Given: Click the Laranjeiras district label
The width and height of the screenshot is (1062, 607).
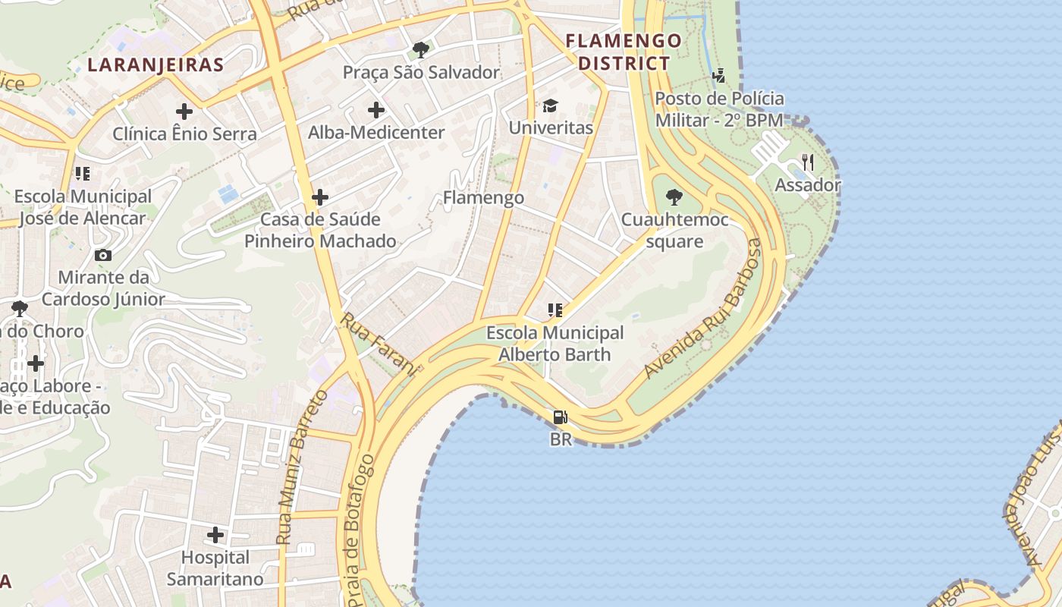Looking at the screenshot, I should tap(156, 64).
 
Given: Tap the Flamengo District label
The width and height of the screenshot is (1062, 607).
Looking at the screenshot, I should tap(624, 52).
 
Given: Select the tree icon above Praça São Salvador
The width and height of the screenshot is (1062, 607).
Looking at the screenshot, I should tap(420, 51).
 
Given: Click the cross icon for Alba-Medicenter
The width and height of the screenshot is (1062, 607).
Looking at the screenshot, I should tap(376, 111).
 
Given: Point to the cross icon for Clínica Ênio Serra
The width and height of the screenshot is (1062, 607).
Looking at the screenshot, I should tap(184, 112).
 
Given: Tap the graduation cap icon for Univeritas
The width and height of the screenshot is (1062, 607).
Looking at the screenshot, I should tap(550, 105).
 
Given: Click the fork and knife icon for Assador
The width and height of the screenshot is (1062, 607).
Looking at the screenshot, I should tap(808, 162).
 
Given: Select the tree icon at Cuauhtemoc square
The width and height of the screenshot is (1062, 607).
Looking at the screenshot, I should tap(674, 198).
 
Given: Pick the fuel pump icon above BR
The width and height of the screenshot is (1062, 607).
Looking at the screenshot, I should tap(561, 417).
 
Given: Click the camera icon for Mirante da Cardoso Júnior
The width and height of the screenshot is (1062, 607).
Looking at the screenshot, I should tap(102, 255).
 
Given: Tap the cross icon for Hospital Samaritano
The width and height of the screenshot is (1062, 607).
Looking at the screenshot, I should tap(216, 536).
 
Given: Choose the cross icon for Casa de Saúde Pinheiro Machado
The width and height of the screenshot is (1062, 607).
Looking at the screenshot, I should tap(320, 198).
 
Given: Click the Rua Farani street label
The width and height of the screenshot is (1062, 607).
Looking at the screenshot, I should tap(379, 344).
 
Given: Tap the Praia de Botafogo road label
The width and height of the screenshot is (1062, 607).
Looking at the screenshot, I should tap(359, 529).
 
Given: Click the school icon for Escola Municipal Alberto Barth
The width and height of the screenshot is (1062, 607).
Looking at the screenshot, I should tap(555, 310).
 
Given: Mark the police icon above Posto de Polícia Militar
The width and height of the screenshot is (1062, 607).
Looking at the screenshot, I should tap(718, 76).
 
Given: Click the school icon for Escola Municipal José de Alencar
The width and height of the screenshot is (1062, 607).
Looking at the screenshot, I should tap(83, 175).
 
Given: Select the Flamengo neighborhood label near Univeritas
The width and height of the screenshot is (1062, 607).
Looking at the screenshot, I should tap(483, 198).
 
